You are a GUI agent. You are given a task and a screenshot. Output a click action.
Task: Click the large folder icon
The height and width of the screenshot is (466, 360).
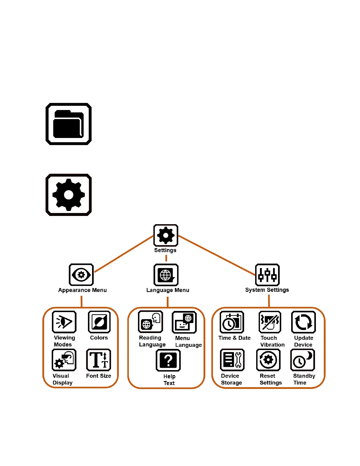69,124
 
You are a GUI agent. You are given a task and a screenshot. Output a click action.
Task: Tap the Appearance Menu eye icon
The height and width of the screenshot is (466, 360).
81,275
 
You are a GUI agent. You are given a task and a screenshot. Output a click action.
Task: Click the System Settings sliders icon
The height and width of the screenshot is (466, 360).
267,275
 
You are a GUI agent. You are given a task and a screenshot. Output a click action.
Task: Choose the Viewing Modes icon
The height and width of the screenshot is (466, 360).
64,322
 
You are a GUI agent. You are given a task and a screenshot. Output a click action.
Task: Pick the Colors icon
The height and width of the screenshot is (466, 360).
99,322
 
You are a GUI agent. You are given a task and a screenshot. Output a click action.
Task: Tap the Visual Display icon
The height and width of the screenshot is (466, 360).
64,360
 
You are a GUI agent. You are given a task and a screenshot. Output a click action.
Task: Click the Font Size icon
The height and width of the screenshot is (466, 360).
99,360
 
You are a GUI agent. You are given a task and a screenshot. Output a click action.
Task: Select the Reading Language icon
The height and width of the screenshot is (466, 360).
151,322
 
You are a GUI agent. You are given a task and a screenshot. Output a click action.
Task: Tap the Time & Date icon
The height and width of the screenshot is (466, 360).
232,322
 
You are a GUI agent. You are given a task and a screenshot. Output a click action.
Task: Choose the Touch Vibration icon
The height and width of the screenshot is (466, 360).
270,322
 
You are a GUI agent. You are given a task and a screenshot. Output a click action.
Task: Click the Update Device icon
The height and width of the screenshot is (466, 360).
303,322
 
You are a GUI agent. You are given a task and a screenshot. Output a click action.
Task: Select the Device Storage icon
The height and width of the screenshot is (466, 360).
232,360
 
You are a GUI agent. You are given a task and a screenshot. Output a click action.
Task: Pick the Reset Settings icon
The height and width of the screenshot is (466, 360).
268,360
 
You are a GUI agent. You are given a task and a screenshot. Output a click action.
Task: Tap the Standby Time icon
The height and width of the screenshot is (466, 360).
303,360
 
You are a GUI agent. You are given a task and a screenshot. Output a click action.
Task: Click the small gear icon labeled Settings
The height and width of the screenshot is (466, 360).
166,235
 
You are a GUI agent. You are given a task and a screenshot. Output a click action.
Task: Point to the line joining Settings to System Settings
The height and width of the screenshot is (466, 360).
217,255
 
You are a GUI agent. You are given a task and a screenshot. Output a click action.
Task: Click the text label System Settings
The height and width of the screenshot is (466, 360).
267,290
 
